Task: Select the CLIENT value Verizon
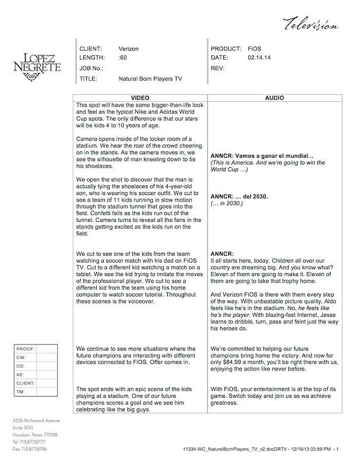[129, 49]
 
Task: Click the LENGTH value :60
[122, 58]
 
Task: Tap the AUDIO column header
[274, 98]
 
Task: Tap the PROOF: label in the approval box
[26, 348]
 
